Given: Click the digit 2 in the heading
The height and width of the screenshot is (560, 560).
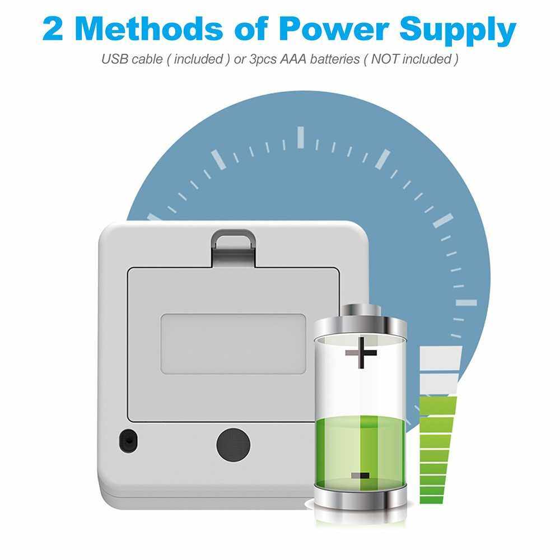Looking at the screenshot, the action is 53,29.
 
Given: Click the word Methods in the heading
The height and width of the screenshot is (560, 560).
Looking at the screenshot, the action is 149,29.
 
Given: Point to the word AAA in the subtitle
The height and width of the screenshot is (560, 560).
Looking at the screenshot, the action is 293,59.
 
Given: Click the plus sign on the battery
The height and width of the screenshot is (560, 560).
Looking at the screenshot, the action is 361,353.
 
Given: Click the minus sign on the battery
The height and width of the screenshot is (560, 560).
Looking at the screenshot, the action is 360,475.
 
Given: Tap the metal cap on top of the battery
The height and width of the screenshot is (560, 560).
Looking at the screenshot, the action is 360,319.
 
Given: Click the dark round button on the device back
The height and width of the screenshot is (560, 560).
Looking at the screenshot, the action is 233,445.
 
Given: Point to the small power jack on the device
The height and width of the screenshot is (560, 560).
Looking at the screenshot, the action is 128,441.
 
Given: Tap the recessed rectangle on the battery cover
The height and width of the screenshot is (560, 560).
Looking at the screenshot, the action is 233,344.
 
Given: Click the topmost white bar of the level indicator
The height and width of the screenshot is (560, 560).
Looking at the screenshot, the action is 441,358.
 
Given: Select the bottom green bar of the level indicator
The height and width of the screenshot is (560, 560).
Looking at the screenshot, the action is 431,500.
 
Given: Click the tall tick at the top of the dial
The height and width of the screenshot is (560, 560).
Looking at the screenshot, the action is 301,137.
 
